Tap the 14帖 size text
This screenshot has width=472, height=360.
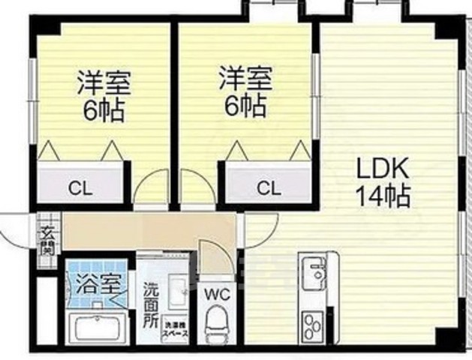click(x=382, y=196)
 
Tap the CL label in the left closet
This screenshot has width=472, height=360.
click(x=80, y=187)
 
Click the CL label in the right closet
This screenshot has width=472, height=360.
click(x=268, y=187)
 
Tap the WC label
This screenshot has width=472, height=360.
click(x=215, y=292)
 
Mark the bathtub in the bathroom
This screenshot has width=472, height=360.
click(x=98, y=328)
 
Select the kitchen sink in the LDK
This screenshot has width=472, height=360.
click(x=313, y=268)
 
